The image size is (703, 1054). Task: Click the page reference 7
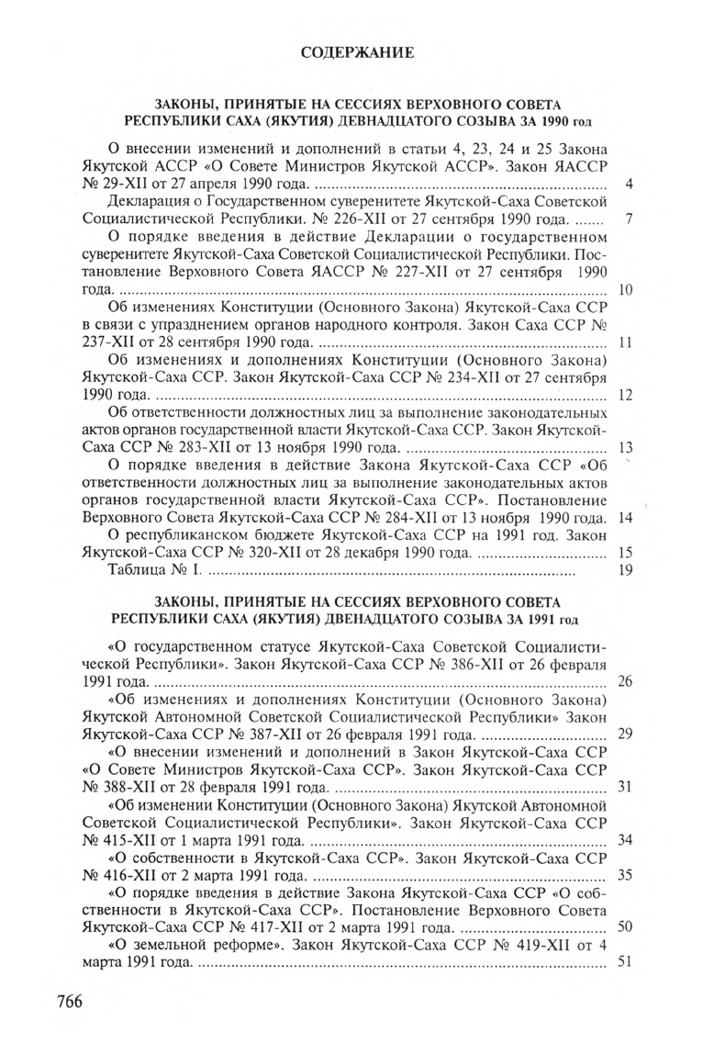pos(629,220)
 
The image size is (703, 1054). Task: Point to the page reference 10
pos(627,290)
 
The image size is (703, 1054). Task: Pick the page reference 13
pos(627,448)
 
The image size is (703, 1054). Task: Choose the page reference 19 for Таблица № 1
pos(627,570)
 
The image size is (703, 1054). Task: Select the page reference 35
pos(626,874)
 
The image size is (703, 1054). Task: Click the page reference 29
pos(626,734)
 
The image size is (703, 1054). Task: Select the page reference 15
pos(627,553)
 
